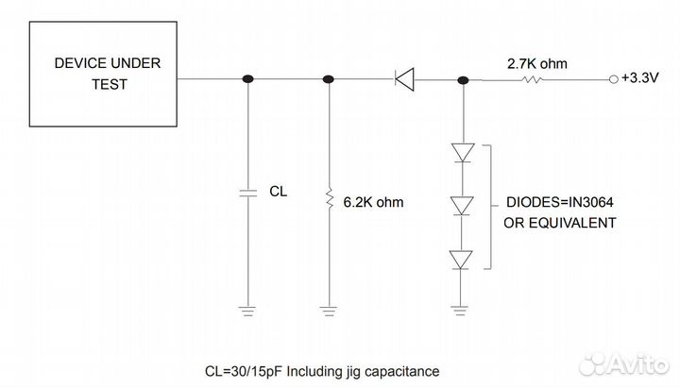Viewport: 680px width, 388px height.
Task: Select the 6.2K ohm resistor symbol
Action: point(329,199)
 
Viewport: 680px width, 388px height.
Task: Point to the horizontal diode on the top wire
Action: point(404,80)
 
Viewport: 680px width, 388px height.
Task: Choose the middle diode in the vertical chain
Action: point(461,204)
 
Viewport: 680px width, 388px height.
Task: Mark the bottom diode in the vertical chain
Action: point(461,258)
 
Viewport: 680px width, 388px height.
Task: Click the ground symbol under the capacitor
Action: point(248,309)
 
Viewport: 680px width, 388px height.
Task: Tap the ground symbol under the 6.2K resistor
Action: point(329,309)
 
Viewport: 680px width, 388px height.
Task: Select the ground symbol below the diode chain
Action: point(461,309)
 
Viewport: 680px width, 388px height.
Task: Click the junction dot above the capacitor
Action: point(248,80)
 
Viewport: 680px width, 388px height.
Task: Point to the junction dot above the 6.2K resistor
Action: point(329,80)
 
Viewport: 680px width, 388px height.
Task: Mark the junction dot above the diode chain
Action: point(461,80)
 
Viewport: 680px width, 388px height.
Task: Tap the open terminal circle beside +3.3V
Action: point(615,80)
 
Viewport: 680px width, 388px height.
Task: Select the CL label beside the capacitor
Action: point(279,191)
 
